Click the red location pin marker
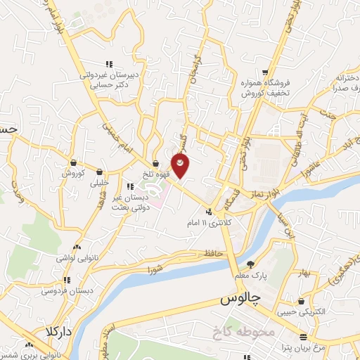click(181, 165)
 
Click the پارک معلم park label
click(251, 276)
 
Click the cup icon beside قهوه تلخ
click(155, 165)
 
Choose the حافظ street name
click(211, 253)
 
